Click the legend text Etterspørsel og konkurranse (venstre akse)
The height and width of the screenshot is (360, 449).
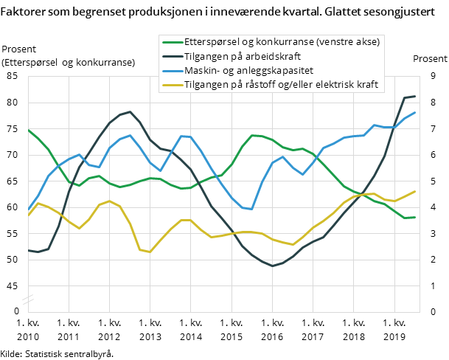click(x=282, y=42)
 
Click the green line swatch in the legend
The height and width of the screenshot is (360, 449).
click(x=172, y=42)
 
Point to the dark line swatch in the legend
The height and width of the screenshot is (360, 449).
click(x=172, y=56)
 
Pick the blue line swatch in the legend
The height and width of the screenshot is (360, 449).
click(x=172, y=71)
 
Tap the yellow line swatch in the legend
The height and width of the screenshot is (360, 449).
click(x=172, y=85)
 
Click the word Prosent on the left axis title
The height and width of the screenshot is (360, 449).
click(x=20, y=49)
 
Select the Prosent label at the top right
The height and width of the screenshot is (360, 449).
click(x=429, y=59)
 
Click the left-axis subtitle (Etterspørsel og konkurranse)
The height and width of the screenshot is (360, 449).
click(x=69, y=63)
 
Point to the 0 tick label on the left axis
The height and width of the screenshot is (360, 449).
click(x=15, y=311)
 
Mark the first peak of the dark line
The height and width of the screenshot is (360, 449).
click(x=130, y=111)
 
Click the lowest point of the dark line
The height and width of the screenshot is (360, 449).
click(x=272, y=266)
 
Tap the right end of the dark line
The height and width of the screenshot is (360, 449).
click(x=415, y=97)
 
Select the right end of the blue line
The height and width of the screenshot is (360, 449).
click(x=415, y=112)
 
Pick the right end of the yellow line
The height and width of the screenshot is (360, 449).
click(x=415, y=191)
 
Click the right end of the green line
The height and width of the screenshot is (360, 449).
click(x=415, y=217)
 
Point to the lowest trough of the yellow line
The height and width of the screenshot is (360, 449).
click(x=150, y=252)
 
